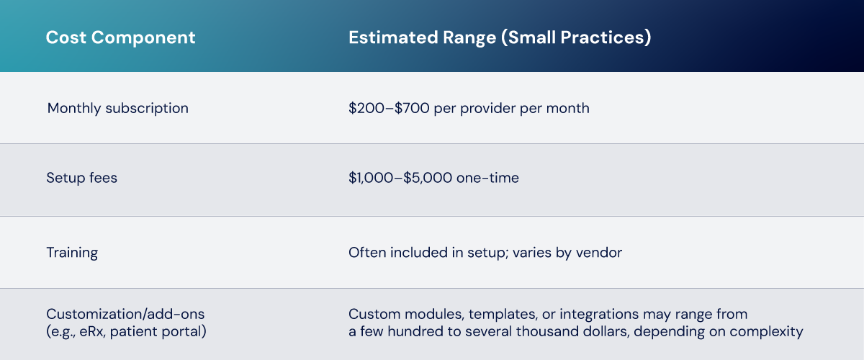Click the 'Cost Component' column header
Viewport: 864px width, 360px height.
(120, 38)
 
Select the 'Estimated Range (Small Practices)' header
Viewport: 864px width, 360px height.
(500, 38)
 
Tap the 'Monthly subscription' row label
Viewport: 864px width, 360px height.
(117, 108)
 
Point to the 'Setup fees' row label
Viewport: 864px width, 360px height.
(82, 178)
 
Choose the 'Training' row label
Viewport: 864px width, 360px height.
(72, 253)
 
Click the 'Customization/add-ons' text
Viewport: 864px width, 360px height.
(125, 314)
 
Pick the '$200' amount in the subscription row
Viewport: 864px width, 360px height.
(366, 108)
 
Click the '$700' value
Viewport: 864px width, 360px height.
(412, 108)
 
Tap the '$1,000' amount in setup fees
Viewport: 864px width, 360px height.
(371, 178)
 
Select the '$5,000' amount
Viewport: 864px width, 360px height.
(428, 178)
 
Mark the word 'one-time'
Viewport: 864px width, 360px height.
(487, 178)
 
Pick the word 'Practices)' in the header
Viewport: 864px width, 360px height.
(606, 38)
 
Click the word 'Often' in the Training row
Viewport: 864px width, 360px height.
(367, 253)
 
